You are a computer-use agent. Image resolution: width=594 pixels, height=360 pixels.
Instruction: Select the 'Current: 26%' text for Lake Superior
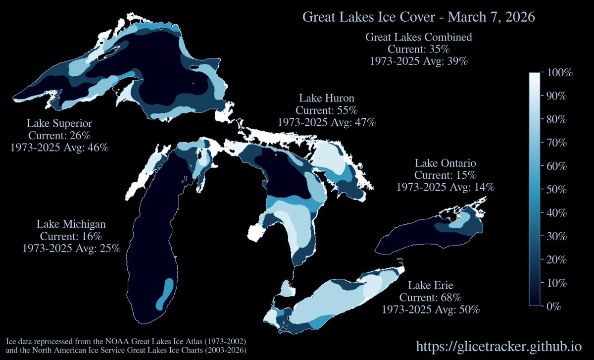[x=59, y=135]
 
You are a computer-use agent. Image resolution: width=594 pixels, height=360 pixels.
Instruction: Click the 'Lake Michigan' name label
[x=71, y=224]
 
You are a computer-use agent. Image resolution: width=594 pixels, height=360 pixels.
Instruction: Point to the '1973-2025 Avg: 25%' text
[x=71, y=248]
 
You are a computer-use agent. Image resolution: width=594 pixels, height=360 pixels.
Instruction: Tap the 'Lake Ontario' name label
[x=445, y=163]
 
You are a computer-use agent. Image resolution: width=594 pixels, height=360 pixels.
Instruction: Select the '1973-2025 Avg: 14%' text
[x=445, y=187]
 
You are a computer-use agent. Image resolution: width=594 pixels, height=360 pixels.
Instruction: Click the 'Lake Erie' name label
[x=431, y=285]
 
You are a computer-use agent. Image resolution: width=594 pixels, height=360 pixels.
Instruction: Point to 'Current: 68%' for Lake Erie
[x=431, y=298]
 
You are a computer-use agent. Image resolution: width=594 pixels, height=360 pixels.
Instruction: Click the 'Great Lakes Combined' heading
[x=418, y=37]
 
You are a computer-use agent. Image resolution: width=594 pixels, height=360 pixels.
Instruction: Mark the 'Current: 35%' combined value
[x=418, y=50]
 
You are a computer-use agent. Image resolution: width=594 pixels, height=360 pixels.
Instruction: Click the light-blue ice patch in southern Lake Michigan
[x=166, y=292]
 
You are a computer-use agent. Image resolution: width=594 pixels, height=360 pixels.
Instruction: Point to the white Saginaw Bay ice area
[x=256, y=231]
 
